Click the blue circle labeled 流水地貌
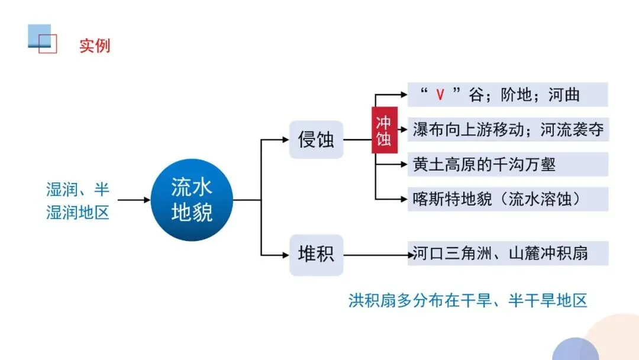192,200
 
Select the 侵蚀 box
316,140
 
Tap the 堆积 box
316,255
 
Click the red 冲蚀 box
384,130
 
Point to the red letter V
440,95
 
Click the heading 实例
95,46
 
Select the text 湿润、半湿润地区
78,200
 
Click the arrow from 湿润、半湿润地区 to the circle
134,200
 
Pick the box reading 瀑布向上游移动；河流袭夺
508,130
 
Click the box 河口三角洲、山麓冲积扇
508,253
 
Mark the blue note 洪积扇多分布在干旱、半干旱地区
467,300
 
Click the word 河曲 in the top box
564,95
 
